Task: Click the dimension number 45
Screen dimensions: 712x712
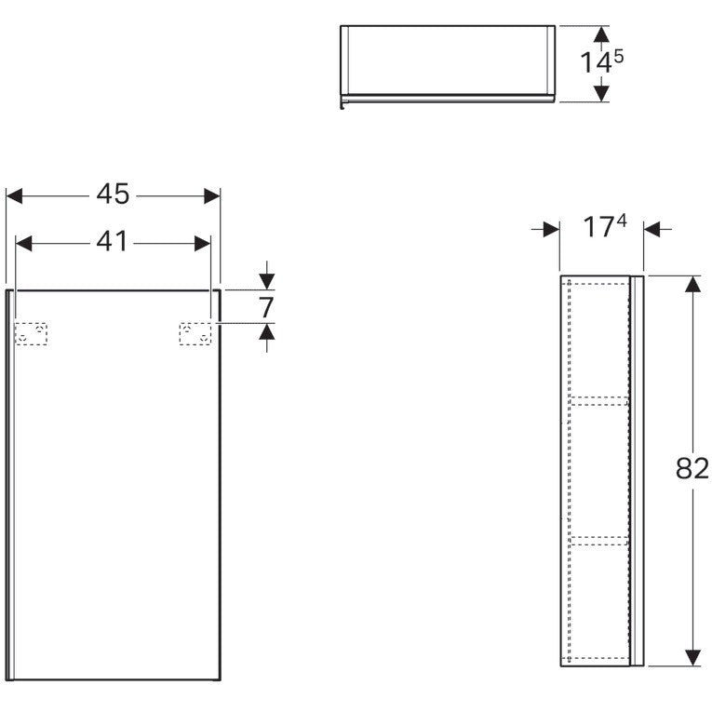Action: pyautogui.click(x=113, y=195)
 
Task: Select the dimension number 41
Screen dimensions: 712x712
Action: pyautogui.click(x=112, y=242)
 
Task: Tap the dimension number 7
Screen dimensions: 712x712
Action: pyautogui.click(x=266, y=307)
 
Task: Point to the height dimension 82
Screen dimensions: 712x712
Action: pyautogui.click(x=692, y=468)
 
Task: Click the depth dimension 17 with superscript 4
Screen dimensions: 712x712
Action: pyautogui.click(x=605, y=226)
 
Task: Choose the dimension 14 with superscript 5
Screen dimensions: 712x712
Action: pyautogui.click(x=601, y=61)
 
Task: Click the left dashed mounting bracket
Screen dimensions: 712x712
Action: pyautogui.click(x=31, y=334)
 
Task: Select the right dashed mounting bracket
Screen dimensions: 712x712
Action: pyautogui.click(x=195, y=334)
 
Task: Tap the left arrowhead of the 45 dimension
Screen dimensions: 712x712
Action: pyautogui.click(x=15, y=196)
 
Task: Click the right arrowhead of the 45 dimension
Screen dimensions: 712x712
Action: pyautogui.click(x=212, y=196)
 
